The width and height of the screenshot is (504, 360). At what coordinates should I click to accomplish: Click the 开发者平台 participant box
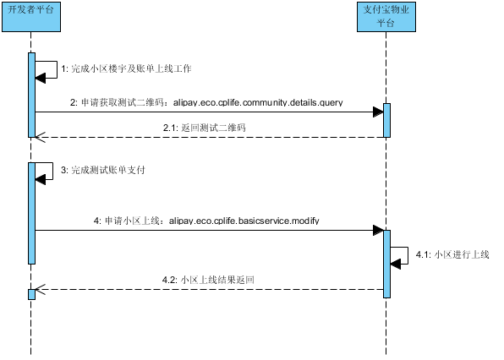click(x=31, y=17)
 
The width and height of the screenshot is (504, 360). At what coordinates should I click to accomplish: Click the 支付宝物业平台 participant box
click(x=386, y=17)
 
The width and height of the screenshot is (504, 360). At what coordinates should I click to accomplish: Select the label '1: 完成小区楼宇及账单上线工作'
click(x=126, y=68)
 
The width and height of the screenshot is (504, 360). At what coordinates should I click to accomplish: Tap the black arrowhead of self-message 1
click(x=41, y=78)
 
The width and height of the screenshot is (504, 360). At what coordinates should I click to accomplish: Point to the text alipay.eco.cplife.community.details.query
click(x=258, y=102)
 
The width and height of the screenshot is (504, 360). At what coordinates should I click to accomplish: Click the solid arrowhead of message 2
click(x=378, y=112)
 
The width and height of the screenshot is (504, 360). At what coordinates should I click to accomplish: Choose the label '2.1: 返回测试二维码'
click(x=205, y=128)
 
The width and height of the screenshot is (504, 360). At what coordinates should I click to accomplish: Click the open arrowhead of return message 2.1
click(x=41, y=138)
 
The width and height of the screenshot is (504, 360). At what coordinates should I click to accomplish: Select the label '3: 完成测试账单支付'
click(x=103, y=170)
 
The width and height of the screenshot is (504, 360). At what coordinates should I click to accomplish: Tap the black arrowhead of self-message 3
click(x=41, y=179)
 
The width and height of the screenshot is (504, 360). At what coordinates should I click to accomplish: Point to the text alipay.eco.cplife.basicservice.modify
click(x=244, y=221)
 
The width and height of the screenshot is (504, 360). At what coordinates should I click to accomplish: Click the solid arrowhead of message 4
click(x=378, y=230)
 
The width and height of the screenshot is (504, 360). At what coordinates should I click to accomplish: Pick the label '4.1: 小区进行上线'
click(x=452, y=254)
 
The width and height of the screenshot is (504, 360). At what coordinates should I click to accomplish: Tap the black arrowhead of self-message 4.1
click(x=396, y=264)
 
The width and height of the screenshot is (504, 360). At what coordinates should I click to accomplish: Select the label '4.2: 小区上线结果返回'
click(x=208, y=280)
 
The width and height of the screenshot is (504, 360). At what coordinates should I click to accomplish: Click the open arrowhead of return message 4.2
click(x=41, y=289)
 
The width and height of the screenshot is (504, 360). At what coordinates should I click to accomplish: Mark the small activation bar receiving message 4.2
click(x=31, y=294)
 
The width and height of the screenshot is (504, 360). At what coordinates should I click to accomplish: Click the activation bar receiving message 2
click(x=386, y=121)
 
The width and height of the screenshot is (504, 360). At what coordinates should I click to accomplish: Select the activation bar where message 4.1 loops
click(x=386, y=264)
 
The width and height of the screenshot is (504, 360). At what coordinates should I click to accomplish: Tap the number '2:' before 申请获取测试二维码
click(x=74, y=102)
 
